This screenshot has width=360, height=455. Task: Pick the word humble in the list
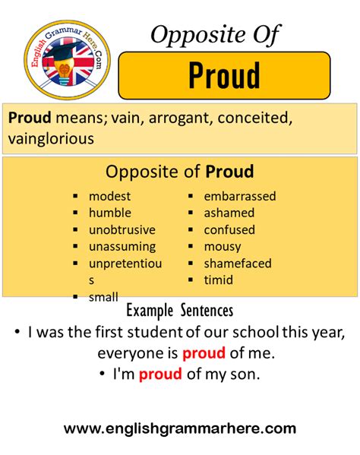pos(110,213)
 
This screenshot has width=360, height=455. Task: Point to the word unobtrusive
pos(122,229)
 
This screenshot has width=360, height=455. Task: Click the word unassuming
pos(122,246)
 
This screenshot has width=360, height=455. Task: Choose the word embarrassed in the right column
pos(240,196)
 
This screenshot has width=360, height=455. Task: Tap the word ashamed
pos(229,213)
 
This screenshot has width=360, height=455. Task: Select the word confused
pos(229,229)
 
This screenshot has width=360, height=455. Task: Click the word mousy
pos(223,246)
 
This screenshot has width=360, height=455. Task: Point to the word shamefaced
pos(238,263)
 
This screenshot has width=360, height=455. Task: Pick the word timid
pos(219,280)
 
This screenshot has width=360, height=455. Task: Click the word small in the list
pos(103,297)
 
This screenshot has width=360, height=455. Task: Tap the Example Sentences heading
pos(180,311)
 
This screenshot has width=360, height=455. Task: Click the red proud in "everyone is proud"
pos(202,353)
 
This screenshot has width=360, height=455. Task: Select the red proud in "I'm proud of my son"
pos(160,374)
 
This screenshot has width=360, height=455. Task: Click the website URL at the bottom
pos(180,429)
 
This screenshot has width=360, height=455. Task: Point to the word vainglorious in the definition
pos(49,139)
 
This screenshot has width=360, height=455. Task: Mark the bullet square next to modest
pos(76,197)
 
